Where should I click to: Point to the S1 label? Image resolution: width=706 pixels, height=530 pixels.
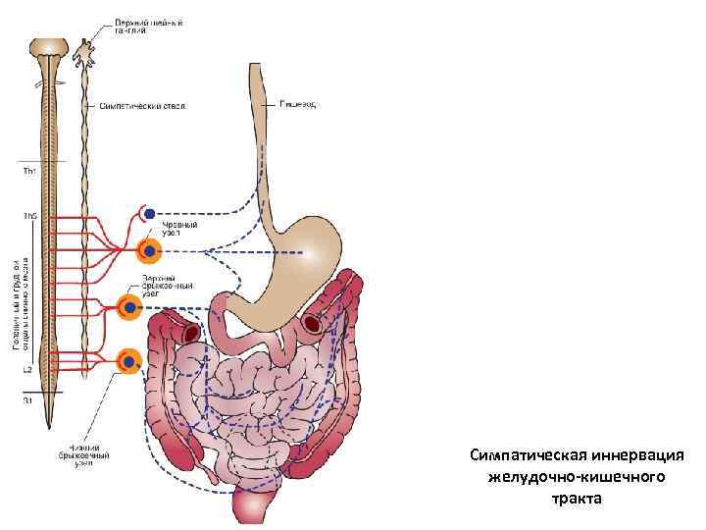tap(27, 399)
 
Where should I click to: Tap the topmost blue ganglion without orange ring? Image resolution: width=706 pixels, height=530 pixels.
tap(148, 213)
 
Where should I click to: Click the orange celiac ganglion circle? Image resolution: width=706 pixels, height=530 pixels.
tap(148, 251)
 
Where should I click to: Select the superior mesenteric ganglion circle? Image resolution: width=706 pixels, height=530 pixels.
tap(128, 308)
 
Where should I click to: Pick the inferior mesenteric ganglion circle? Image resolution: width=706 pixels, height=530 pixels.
tap(128, 361)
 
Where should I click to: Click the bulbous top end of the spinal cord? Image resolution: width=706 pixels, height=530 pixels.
tap(46, 48)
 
